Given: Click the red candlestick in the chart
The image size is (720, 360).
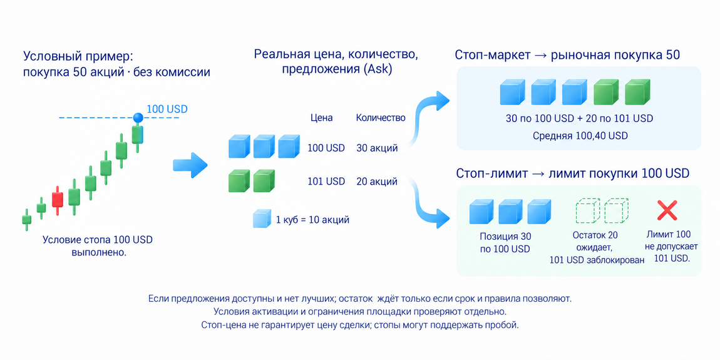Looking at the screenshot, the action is pos(58,200).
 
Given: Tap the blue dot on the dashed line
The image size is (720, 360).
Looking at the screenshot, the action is pos(138,118).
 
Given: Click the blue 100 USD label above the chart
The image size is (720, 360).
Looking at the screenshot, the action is pos(167,110).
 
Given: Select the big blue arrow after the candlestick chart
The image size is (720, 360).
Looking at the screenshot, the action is pos(190,165).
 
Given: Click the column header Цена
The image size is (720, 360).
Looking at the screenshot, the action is pos(321,118).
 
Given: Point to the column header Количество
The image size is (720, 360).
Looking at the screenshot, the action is pos(381,118).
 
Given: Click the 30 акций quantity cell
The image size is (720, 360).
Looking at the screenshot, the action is pos(377,148).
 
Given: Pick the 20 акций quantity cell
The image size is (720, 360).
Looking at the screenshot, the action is pos(377,182).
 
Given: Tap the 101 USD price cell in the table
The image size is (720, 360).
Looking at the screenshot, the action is pos(326,182).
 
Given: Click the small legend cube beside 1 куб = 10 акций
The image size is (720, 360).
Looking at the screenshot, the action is pos(262,219).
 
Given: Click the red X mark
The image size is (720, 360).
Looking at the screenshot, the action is pos(667,211).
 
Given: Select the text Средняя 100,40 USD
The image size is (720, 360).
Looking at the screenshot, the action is pos(580,136).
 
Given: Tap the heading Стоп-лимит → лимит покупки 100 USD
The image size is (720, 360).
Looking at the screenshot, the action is pos(573,173).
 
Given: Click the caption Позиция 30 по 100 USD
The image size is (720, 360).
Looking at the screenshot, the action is pos(505,243).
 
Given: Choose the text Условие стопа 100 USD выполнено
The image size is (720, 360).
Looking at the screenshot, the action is pos(97,246).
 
